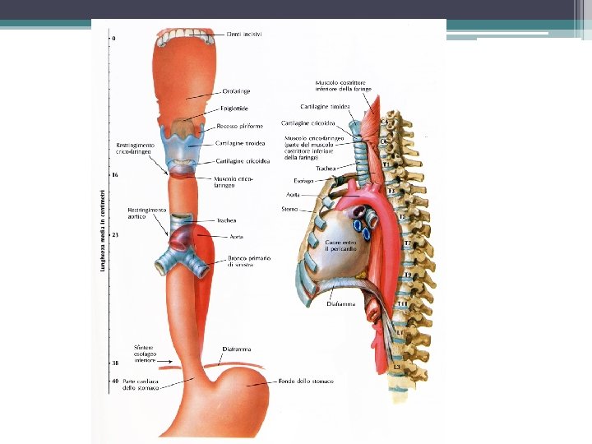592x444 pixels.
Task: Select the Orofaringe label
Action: coord(236,92)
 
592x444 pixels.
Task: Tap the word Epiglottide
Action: coord(234,108)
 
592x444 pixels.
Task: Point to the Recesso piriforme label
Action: coord(238,127)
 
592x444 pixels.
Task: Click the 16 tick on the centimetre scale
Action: coord(114,175)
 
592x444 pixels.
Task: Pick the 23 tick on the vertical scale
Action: coord(115,236)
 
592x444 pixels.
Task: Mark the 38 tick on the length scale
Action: coord(114,363)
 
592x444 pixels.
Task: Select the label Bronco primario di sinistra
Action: coord(250,261)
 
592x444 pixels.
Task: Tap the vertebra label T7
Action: coord(406,243)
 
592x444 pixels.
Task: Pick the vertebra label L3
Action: coord(397,366)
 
